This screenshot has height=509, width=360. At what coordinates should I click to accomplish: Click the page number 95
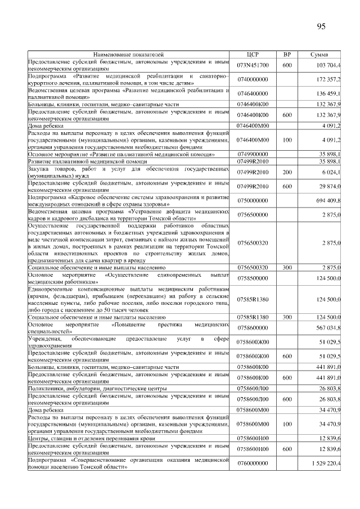[x=321, y=26]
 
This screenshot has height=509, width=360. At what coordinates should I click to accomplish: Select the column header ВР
[x=287, y=55]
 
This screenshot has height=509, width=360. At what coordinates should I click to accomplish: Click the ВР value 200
[x=287, y=171]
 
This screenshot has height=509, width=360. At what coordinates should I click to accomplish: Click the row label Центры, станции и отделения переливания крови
[x=92, y=438]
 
